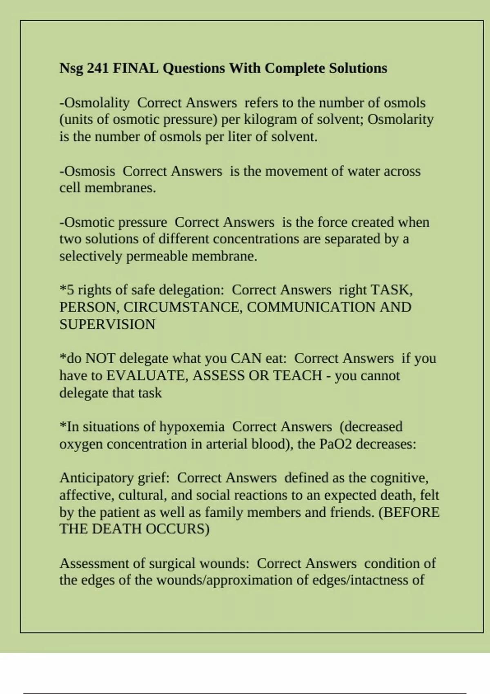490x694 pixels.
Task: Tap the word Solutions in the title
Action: pyautogui.click(x=358, y=68)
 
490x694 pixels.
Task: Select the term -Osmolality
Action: pyautogui.click(x=94, y=103)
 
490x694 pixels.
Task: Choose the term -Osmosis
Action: pyautogui.click(x=87, y=171)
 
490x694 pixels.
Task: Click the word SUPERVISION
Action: pyautogui.click(x=107, y=325)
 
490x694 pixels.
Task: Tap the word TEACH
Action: pyautogui.click(x=297, y=376)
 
